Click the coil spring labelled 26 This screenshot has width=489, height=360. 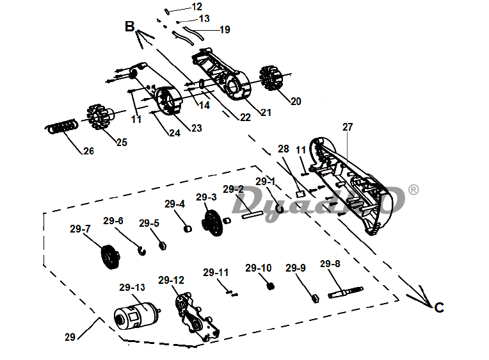pyautogui.click(x=61, y=126)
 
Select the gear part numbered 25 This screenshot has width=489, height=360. pyautogui.click(x=99, y=117)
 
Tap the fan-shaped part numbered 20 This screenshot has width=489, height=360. pyautogui.click(x=271, y=78)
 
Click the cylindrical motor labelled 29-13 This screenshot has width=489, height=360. pyautogui.click(x=136, y=316)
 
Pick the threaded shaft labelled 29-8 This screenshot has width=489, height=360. pyautogui.click(x=345, y=292)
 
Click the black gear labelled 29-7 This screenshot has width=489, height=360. pyautogui.click(x=110, y=257)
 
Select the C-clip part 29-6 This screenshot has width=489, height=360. pyautogui.click(x=142, y=250)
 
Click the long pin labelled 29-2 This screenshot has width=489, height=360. pyautogui.click(x=252, y=215)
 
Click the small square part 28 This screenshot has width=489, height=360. pyautogui.click(x=300, y=194)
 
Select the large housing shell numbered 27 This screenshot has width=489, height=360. pyautogui.click(x=347, y=185)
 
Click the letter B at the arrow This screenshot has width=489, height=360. pyautogui.click(x=130, y=26)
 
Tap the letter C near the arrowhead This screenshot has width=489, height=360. pyautogui.click(x=439, y=308)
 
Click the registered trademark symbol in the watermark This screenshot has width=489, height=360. pyautogui.click(x=413, y=190)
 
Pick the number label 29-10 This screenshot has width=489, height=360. pyautogui.click(x=258, y=268)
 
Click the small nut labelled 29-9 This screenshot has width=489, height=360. pyautogui.click(x=316, y=299)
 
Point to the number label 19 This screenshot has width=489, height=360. pyautogui.click(x=225, y=29)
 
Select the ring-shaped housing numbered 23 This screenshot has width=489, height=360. pyautogui.click(x=168, y=100)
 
